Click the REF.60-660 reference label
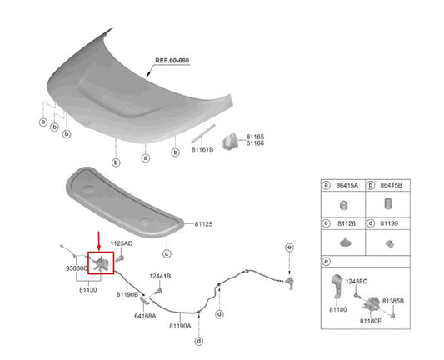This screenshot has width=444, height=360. point(172,61)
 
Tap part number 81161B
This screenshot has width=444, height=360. point(202,149)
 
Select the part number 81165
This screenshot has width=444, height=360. point(255,137)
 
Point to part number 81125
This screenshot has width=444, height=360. point(203,224)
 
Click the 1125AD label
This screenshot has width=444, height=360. point(121,243)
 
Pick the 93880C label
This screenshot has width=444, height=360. point(77,268)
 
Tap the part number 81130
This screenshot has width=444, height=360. point(88,290)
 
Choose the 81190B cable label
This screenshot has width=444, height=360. point(127,294)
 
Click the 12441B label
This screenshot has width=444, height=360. point(160,276)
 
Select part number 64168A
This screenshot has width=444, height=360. point(145,316)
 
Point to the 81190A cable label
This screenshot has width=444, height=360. point(180,326)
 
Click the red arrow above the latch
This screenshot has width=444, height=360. point(98,241)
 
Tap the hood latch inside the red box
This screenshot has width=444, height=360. point(101,263)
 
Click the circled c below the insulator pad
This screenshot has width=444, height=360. point(167,253)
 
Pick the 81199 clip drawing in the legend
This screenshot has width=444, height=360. point(389,243)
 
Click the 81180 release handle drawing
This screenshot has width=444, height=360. point(337,286)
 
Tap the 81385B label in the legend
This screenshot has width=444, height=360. point(393,301)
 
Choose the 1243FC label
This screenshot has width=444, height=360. point(357,282)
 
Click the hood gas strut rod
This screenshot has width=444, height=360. point(203,132)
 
